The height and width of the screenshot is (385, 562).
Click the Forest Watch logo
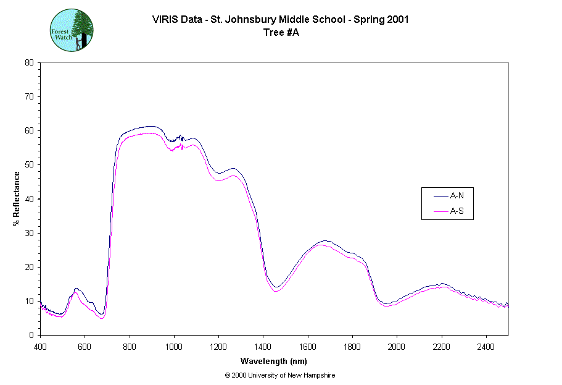click(72, 30)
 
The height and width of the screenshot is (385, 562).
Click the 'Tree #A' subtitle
click(281, 33)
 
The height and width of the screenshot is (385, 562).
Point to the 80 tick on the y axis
click(29, 62)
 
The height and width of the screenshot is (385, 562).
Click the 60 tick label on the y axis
click(29, 131)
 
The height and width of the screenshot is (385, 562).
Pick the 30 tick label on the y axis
click(29, 233)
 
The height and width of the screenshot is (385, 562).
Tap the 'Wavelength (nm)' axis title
click(275, 361)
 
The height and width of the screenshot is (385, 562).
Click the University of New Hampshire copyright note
click(280, 375)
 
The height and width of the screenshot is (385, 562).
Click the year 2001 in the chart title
click(398, 19)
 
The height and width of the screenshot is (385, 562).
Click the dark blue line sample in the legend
click(440, 196)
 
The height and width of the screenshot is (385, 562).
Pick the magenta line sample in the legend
click(440, 211)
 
